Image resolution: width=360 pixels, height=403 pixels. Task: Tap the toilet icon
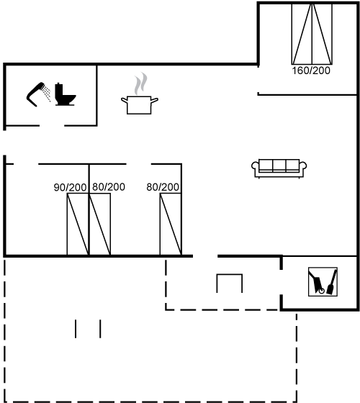tap(66, 94)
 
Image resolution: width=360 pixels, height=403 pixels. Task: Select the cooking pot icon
tap(140, 104)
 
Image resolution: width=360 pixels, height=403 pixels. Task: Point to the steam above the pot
tap(141, 83)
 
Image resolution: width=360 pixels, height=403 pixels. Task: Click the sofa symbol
tap(279, 168)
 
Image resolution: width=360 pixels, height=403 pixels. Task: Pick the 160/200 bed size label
tap(311, 71)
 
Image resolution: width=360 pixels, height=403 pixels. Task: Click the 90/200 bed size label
tap(71, 187)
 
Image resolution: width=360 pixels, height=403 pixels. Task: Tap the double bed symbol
tap(312, 34)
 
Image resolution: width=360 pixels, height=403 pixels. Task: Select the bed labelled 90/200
tap(78, 224)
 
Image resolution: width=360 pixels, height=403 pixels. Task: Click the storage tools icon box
tap(323, 281)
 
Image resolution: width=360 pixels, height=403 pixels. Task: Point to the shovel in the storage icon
tap(332, 282)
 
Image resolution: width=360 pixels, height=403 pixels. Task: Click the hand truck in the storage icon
tap(317, 282)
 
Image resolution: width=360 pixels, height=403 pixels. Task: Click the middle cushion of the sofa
tap(279, 166)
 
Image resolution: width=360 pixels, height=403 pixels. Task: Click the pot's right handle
tap(154, 100)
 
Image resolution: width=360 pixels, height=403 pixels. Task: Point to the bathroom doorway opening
tap(52, 126)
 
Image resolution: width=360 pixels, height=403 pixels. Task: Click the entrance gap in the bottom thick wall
tap(205, 256)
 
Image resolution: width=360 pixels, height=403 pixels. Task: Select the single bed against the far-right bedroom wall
tap(171, 224)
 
